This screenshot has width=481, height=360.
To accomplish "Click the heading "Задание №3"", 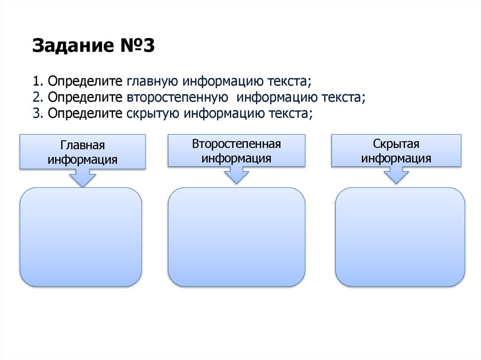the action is click(x=93, y=46).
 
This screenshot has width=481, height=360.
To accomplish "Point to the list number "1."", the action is click(x=38, y=81).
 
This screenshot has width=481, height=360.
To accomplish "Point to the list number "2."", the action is click(x=39, y=98).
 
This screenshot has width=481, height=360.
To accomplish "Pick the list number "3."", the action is click(x=39, y=114).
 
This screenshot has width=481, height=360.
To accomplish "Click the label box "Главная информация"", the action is click(x=82, y=152).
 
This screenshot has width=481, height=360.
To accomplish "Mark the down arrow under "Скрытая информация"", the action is click(x=396, y=176).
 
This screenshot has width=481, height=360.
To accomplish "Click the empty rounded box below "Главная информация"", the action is click(x=80, y=237).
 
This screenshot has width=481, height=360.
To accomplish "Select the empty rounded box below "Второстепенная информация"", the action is click(x=236, y=237).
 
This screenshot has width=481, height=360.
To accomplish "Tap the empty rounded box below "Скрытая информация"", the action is click(x=400, y=237).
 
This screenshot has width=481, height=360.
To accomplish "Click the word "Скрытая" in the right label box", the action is click(x=396, y=144).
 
